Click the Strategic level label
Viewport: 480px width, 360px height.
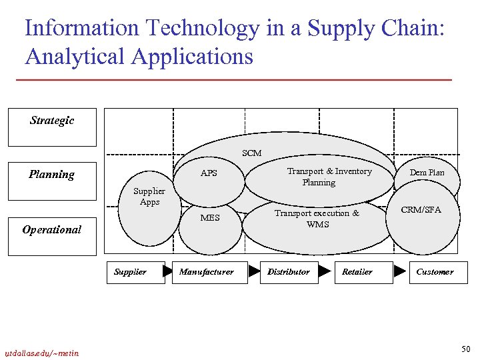(x=52, y=121)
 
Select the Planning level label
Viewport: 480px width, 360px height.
(x=52, y=175)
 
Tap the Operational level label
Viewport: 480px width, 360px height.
(x=52, y=229)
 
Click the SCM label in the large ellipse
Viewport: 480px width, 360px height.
(x=252, y=153)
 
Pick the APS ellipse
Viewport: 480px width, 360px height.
(x=209, y=174)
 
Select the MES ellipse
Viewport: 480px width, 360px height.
(x=209, y=218)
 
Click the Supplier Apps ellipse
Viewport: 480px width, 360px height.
(x=149, y=197)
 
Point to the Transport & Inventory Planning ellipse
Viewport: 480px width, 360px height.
(x=319, y=177)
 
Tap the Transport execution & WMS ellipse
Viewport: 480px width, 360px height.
(x=317, y=219)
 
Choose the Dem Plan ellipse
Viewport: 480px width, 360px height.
(x=427, y=173)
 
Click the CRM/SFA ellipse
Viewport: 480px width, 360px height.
(x=421, y=211)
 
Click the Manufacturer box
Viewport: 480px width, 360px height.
(x=207, y=272)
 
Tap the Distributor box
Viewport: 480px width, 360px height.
(x=289, y=272)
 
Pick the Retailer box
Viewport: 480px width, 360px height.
(x=357, y=272)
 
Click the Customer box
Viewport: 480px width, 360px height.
(x=435, y=272)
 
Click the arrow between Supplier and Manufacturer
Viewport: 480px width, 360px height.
(x=168, y=272)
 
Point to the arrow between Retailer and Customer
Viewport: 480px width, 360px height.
(x=399, y=272)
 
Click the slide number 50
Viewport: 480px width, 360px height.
(x=465, y=349)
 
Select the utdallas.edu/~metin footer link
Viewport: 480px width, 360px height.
(x=41, y=353)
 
